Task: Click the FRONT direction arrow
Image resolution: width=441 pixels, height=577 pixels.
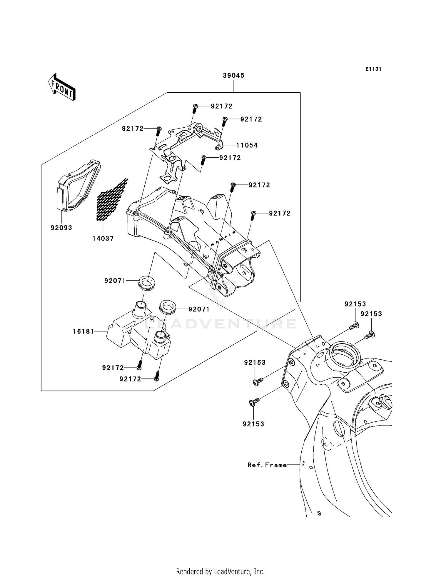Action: (x=62, y=87)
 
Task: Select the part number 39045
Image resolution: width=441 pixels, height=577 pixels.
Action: (x=233, y=76)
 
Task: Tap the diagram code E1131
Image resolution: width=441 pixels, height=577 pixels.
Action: (x=373, y=69)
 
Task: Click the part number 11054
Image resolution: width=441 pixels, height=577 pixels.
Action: (x=247, y=145)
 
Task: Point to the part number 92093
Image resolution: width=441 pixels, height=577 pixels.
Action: (x=61, y=228)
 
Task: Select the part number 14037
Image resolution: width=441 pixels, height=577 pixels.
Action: (x=103, y=239)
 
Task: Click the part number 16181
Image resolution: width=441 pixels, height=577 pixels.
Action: (x=83, y=331)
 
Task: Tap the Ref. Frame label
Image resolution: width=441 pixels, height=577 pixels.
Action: (x=267, y=465)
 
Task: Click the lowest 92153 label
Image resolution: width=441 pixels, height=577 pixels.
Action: (x=253, y=424)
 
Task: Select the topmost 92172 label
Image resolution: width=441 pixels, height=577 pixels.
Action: (x=222, y=106)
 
